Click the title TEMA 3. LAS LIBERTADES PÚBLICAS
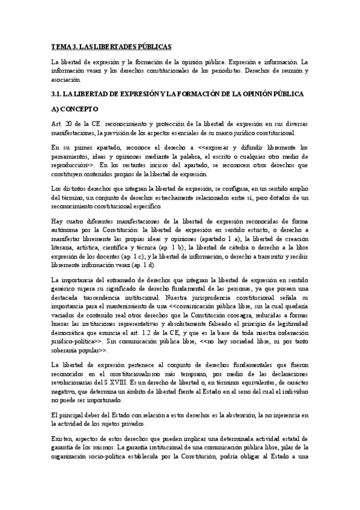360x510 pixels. pyautogui.click(x=111, y=46)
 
